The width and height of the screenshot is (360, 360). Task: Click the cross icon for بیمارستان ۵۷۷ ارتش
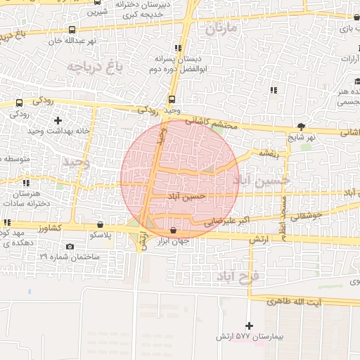tap(249, 326)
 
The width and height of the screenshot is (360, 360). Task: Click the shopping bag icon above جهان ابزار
tap(174, 230)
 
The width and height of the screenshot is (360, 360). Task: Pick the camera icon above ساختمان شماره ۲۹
tap(70, 246)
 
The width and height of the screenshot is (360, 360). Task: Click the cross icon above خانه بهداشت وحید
tap(57, 121)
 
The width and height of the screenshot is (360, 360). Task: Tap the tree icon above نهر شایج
tap(302, 127)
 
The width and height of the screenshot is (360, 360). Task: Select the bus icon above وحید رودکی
tap(172, 100)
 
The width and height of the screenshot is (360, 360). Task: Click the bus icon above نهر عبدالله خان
tap(72, 30)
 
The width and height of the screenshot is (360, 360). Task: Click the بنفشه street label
tap(269, 152)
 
